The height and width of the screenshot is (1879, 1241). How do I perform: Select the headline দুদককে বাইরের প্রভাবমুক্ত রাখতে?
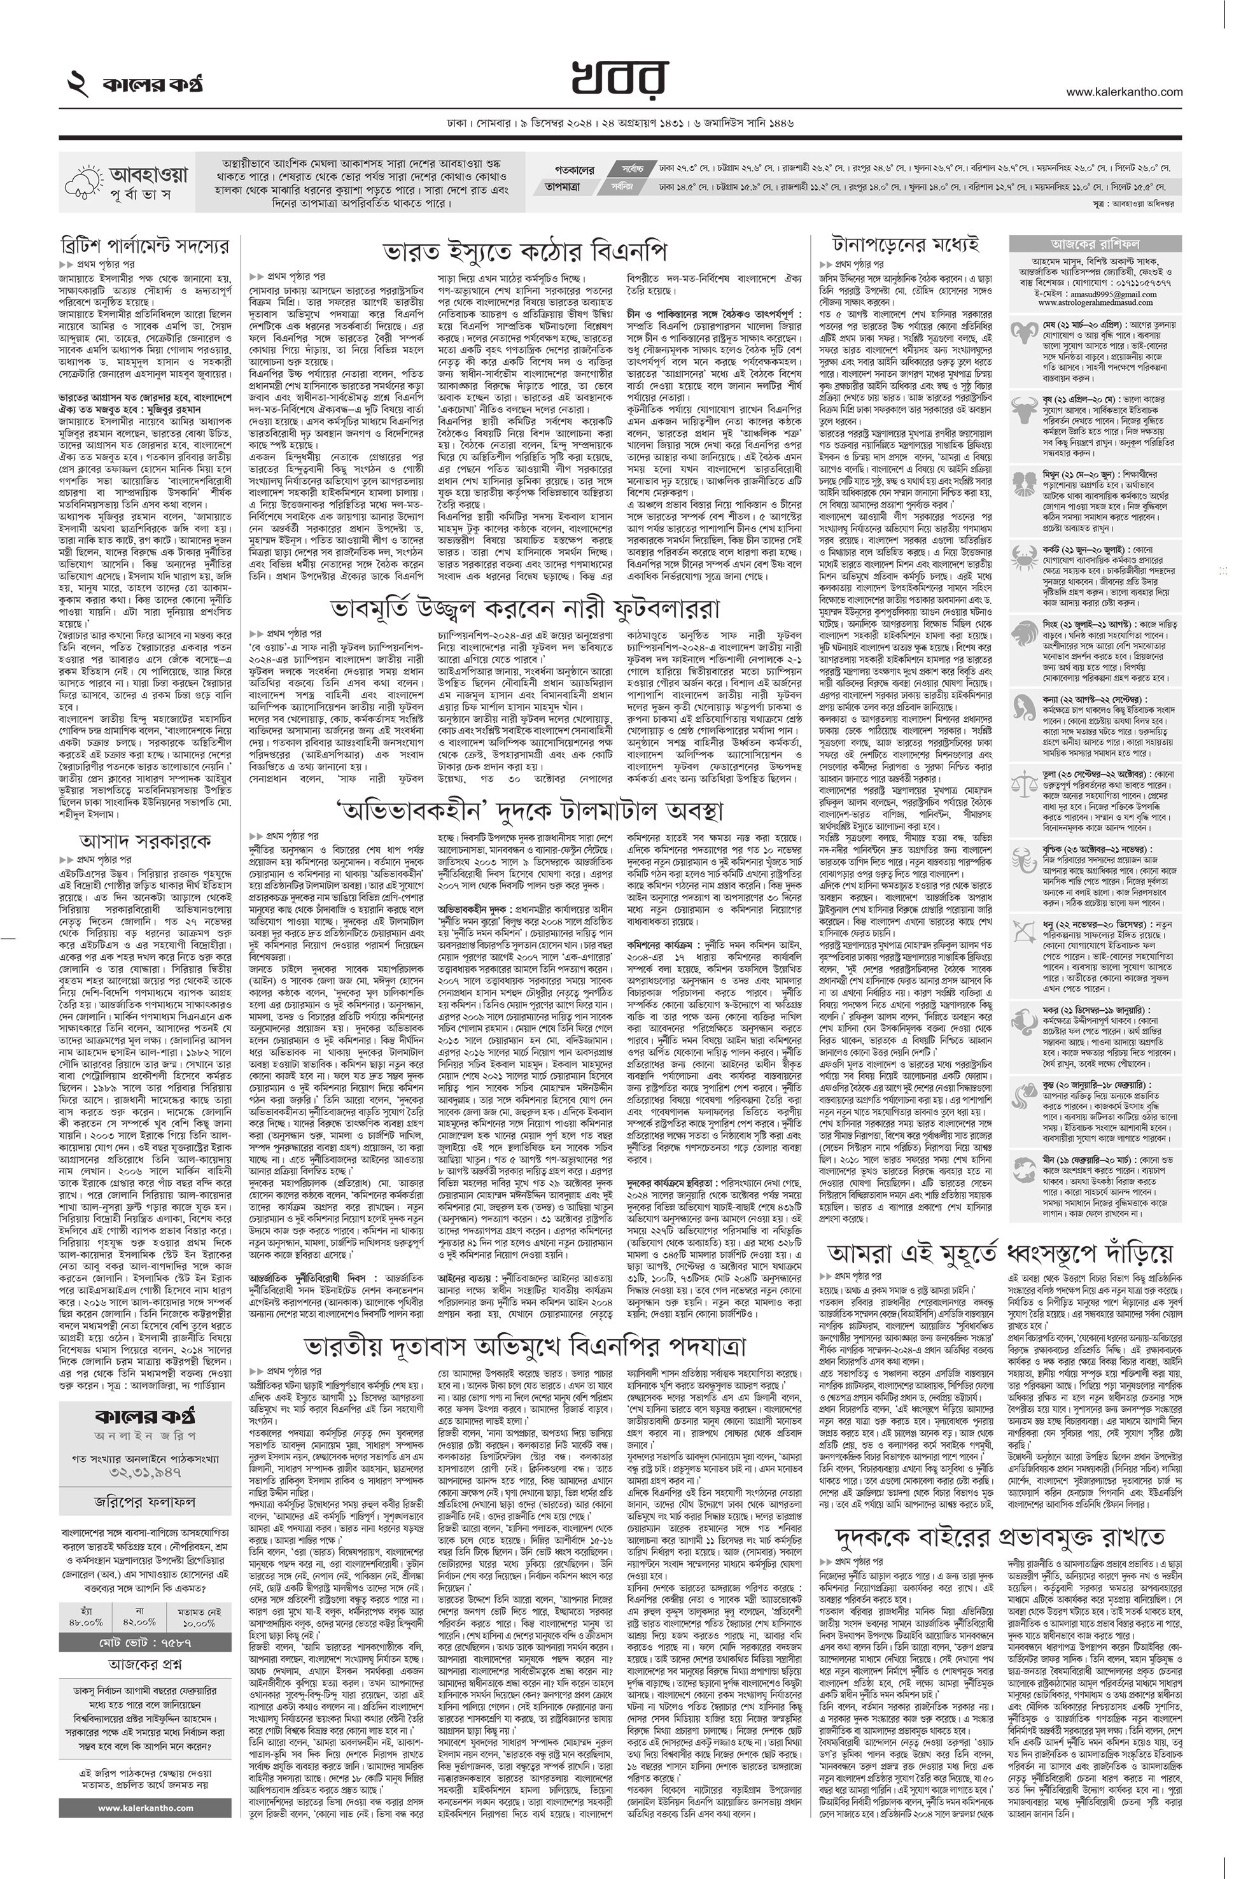[1000, 1515]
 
